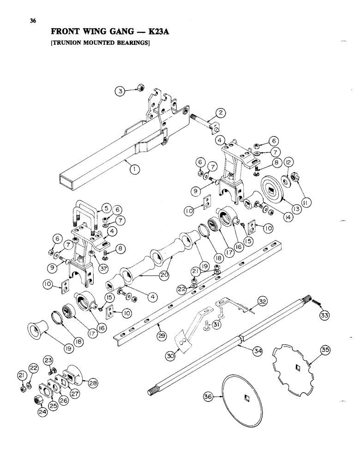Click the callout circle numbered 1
(x=134, y=170)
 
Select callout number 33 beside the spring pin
(x=324, y=316)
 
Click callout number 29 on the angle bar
(x=161, y=336)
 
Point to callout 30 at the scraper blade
(x=172, y=357)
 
